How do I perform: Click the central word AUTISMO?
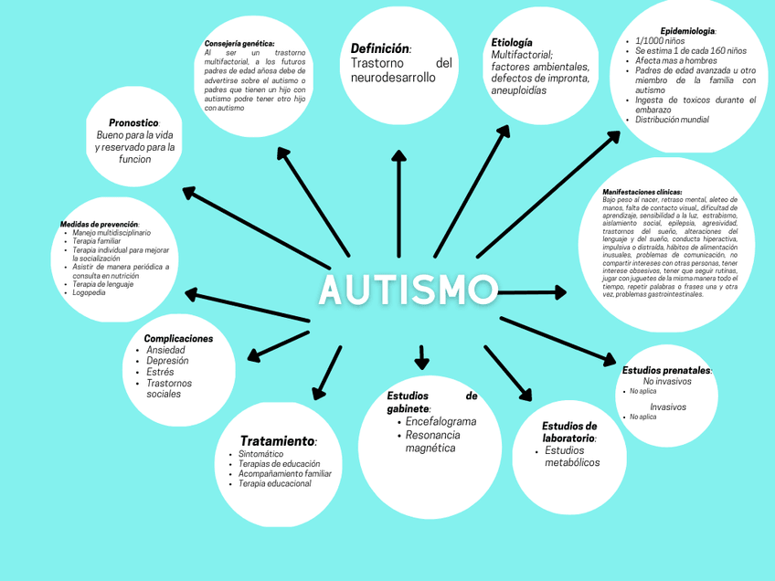pos(408,290)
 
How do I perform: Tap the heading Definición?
pos(380,48)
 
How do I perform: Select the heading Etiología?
pos(511,43)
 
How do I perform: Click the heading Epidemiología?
pos(687,31)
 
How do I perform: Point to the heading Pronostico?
pos(133,122)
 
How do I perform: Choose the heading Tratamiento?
pos(278,441)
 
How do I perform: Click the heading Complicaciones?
pos(178,338)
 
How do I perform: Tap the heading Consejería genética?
pos(239,43)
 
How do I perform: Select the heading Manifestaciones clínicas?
pos(642,192)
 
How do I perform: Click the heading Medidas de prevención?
pos(100,224)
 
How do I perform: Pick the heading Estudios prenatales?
pos(666,370)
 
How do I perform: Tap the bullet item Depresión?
pos(167,361)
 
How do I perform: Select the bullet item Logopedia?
pos(89,292)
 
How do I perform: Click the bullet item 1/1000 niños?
pos(660,41)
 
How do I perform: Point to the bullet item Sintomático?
pos(260,454)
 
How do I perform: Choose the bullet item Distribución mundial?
pos(672,120)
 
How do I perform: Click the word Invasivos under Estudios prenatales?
pos(668,407)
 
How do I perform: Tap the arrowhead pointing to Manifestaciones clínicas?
pos(558,292)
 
